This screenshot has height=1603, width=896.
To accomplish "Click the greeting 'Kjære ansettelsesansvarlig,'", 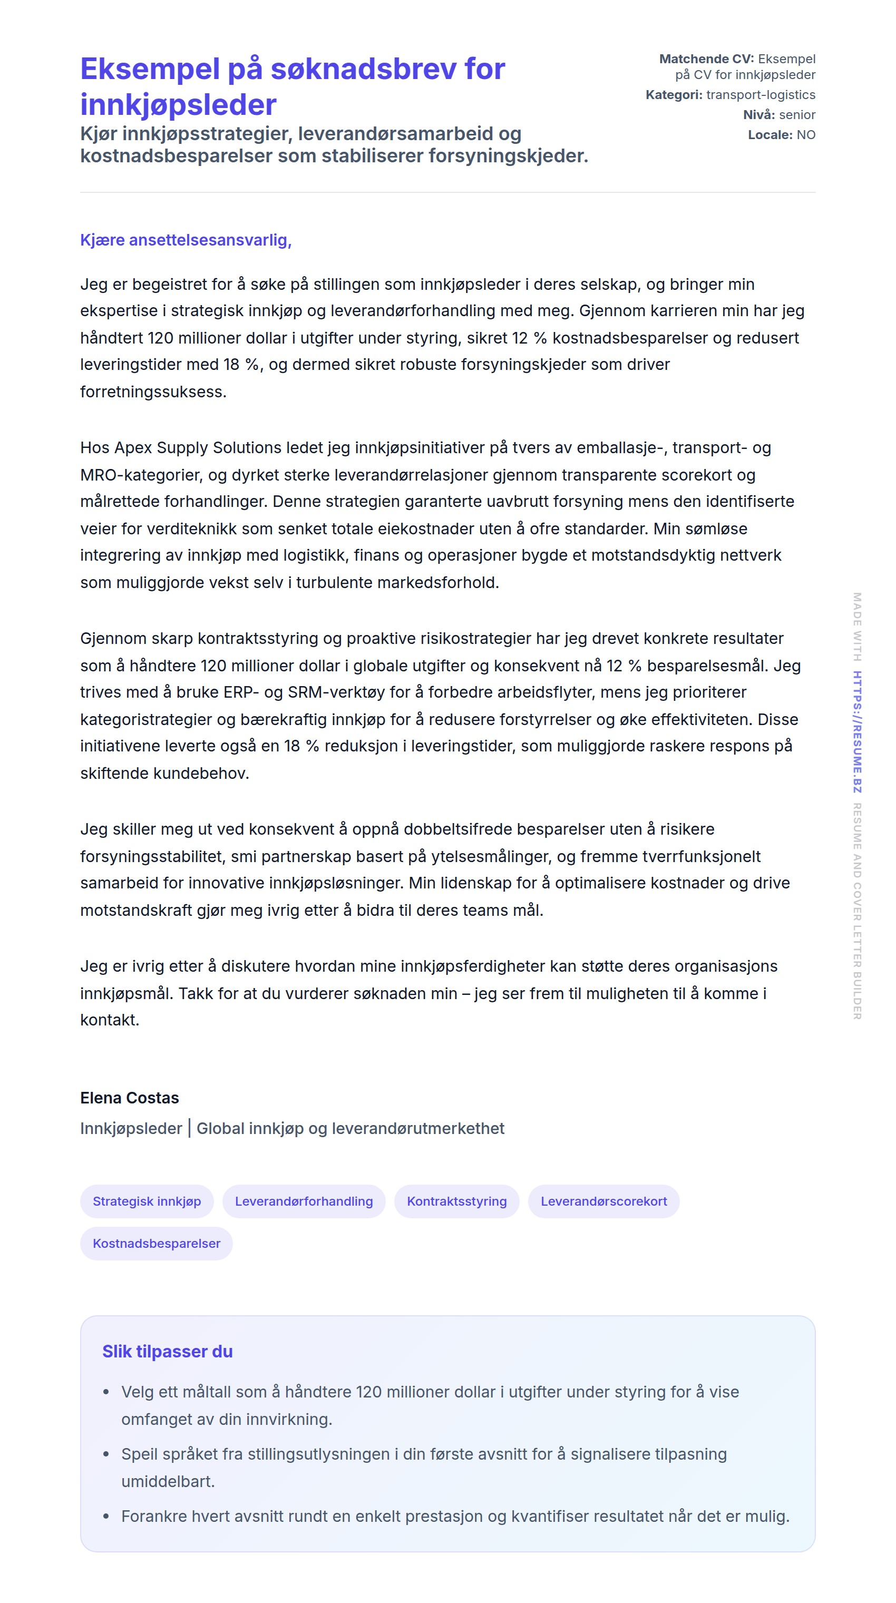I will [x=186, y=240].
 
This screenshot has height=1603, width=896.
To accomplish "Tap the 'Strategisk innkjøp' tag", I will [x=147, y=1201].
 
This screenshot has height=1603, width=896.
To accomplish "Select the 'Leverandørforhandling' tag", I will [x=304, y=1201].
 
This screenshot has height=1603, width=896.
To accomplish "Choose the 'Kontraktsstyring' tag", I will [x=457, y=1201].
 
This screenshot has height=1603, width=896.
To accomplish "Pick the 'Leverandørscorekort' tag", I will [x=603, y=1201].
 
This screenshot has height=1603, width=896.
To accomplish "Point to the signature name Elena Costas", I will [x=130, y=1098].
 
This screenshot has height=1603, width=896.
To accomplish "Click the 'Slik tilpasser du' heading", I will [x=168, y=1352].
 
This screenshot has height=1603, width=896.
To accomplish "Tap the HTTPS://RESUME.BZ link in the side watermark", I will [x=857, y=732].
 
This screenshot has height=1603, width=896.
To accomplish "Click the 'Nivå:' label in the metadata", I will [x=758, y=114].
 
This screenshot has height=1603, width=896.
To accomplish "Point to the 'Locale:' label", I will [x=770, y=134].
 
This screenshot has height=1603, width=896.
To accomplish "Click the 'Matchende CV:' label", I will [x=706, y=59].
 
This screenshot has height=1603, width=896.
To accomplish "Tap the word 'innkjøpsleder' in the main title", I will [x=178, y=104].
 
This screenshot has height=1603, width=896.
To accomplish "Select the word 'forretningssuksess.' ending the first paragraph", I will [x=153, y=392].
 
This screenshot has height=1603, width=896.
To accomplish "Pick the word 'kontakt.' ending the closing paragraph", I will [x=110, y=1019].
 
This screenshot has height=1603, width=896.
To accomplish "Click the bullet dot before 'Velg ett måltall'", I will [x=106, y=1392].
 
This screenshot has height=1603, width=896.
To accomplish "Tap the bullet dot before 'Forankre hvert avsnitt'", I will [x=106, y=1517].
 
